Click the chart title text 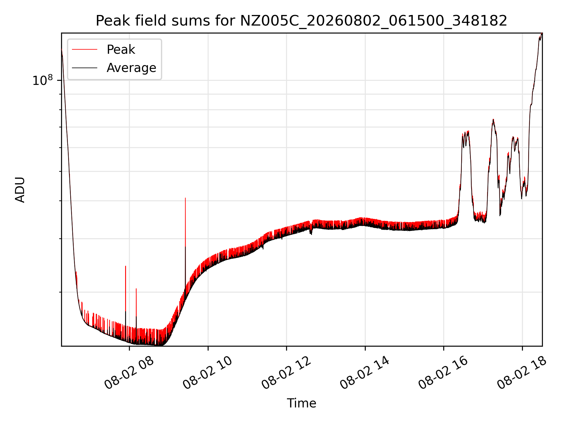click(301, 21)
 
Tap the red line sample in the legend click(85, 50)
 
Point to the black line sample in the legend click(85, 68)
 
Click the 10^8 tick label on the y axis click(43, 80)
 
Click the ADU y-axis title click(20, 190)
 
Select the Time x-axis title click(301, 403)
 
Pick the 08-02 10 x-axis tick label click(207, 373)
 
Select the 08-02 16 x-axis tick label click(443, 373)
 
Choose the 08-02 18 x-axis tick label click(521, 373)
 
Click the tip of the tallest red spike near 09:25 click(185, 198)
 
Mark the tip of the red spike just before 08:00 click(126, 266)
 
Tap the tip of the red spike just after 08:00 click(136, 289)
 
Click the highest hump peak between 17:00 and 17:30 click(493, 119)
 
